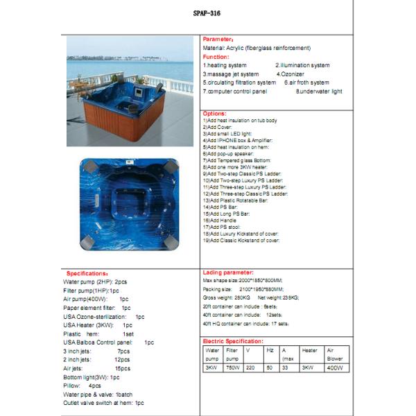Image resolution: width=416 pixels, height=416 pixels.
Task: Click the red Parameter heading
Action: coord(218,40)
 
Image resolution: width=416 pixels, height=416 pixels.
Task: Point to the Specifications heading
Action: coord(87,273)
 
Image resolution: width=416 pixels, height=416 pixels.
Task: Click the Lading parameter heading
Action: coord(228,272)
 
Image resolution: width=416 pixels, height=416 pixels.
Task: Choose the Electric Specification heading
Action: coord(232,342)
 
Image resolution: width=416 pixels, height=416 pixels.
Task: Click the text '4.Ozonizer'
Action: coord(291,73)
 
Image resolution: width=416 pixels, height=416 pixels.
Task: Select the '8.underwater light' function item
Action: coord(319,91)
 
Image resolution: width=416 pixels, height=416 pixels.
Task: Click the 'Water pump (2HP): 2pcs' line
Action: coord(96,282)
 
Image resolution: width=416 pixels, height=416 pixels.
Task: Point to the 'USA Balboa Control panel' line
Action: coord(108,342)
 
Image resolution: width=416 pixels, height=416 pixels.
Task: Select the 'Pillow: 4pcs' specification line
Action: coord(83,385)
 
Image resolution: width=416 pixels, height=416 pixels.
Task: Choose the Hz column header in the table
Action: coord(270,351)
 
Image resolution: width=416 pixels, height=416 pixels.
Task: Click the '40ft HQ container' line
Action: coord(245,323)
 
